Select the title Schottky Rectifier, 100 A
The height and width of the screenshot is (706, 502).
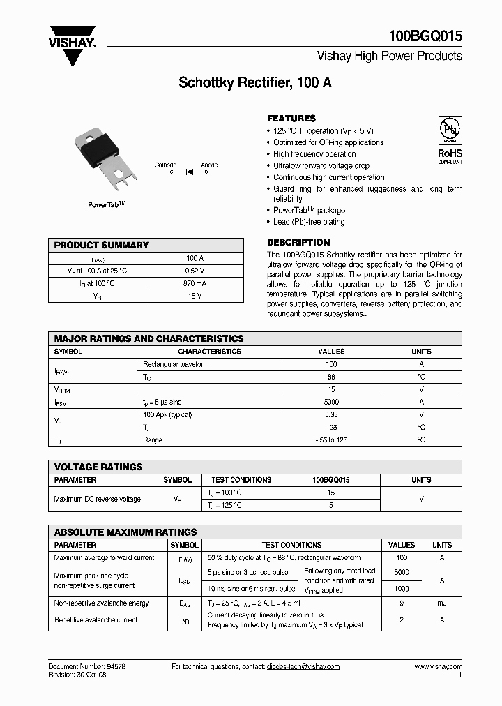(x=255, y=82)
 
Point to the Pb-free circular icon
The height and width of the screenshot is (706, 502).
(x=450, y=130)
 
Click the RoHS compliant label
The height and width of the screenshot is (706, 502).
(x=450, y=156)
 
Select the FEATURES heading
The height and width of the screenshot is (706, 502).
(x=291, y=119)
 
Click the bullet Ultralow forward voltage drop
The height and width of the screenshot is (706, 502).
(x=321, y=166)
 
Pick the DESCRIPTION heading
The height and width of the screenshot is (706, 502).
(x=298, y=242)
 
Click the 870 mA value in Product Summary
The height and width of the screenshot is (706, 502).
(x=195, y=284)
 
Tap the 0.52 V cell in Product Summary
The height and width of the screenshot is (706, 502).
(x=195, y=271)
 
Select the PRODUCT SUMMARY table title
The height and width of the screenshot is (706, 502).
(x=101, y=246)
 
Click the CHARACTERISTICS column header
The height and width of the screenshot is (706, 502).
(x=209, y=352)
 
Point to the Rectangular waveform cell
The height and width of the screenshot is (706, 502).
(x=176, y=364)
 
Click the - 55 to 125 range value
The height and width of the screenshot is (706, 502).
(x=331, y=440)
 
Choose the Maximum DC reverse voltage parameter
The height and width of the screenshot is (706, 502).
(x=97, y=499)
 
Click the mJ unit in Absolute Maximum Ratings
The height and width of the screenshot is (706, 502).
(x=442, y=603)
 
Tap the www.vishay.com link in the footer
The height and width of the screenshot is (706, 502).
(x=438, y=666)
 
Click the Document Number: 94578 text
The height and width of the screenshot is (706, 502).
(x=86, y=666)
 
